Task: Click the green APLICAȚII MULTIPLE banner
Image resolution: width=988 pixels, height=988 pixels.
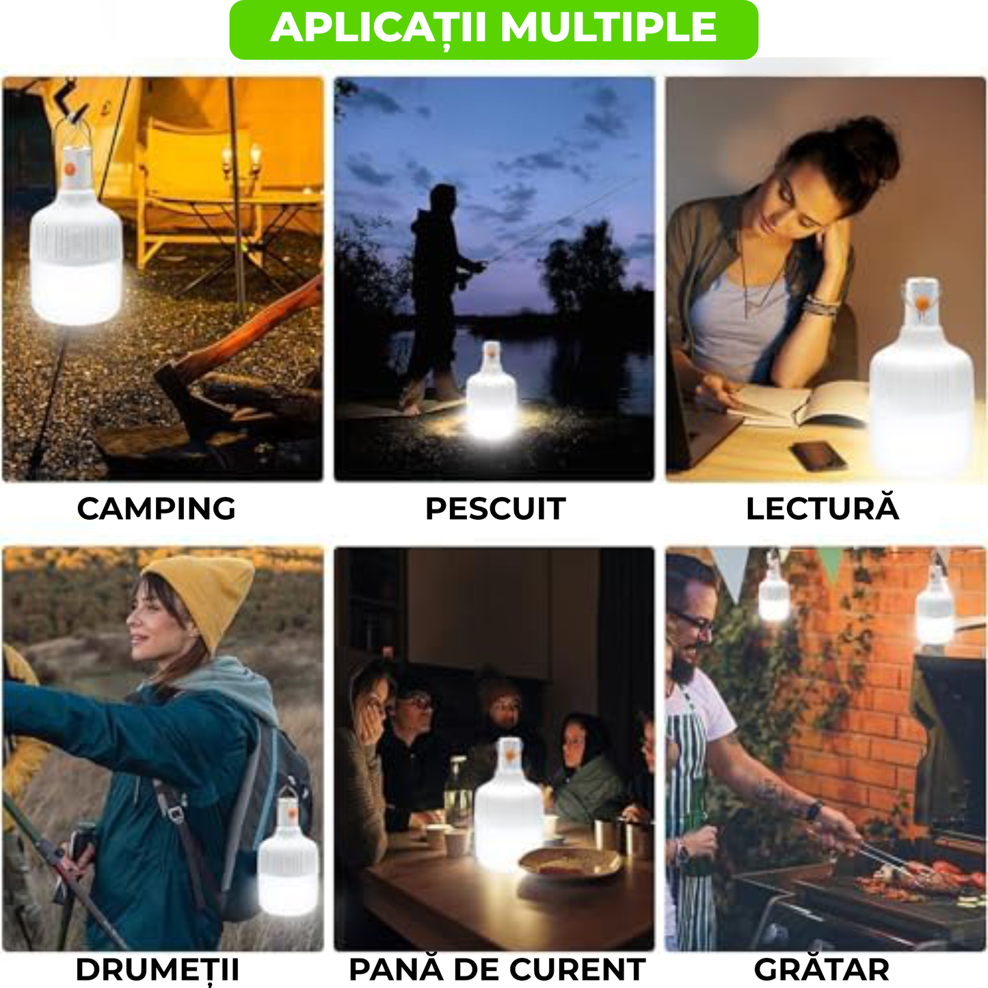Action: [494, 29]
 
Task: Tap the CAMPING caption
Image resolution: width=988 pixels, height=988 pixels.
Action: [156, 509]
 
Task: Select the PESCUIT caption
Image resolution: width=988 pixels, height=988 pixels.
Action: [495, 509]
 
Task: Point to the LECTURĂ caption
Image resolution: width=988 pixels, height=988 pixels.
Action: [822, 509]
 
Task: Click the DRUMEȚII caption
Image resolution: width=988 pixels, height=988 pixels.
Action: [157, 970]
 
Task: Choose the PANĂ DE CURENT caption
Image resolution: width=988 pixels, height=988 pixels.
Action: [497, 970]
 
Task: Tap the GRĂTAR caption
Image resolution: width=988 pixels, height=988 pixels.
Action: [822, 970]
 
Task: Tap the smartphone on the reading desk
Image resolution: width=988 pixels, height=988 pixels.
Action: [818, 455]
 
